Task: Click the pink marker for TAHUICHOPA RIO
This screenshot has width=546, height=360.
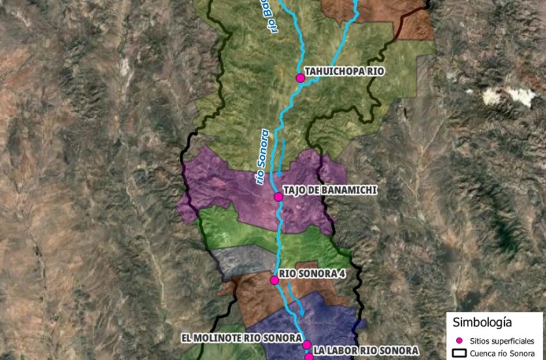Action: click(300, 78)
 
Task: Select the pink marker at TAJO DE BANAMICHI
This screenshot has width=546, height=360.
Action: click(278, 197)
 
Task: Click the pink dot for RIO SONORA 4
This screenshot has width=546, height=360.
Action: click(274, 280)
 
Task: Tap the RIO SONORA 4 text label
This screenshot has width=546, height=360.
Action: click(306, 273)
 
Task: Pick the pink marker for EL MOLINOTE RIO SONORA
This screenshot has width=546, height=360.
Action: click(307, 345)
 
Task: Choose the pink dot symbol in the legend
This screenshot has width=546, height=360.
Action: click(459, 339)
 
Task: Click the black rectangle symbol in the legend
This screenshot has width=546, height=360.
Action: click(459, 353)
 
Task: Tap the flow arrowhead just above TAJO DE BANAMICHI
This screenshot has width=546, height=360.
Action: click(279, 174)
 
